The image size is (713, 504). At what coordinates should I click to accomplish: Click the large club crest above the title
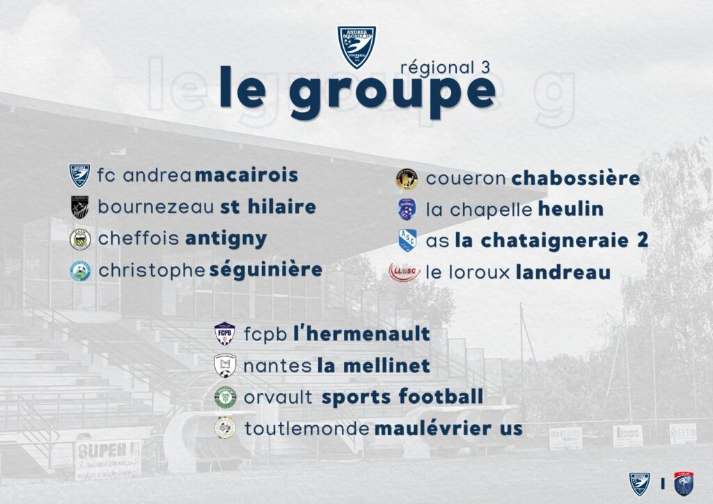click(x=356, y=47)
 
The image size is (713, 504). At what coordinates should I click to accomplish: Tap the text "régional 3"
click(x=445, y=68)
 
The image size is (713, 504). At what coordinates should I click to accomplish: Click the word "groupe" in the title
click(x=392, y=93)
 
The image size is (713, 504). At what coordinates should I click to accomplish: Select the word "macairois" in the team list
click(x=246, y=175)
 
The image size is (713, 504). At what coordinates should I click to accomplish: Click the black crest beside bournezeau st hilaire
click(x=80, y=207)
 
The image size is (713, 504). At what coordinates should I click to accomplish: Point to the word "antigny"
click(x=226, y=239)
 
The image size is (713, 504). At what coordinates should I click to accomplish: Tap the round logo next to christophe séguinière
click(x=81, y=271)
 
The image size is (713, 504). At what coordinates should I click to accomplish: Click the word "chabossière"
click(x=576, y=178)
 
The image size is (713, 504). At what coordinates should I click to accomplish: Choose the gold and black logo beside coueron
click(x=407, y=179)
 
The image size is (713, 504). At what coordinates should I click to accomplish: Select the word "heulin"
click(x=571, y=209)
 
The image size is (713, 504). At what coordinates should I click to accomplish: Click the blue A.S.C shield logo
click(x=407, y=240)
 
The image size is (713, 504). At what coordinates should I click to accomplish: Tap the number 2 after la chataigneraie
click(x=643, y=240)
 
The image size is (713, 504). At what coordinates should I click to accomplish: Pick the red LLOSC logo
click(x=405, y=272)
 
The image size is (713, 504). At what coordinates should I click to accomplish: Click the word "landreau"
click(x=563, y=272)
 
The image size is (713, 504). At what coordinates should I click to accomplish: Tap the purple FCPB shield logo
click(x=225, y=333)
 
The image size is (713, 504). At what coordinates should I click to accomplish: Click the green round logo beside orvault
click(x=225, y=397)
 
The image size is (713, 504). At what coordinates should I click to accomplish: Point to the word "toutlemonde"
click(x=307, y=429)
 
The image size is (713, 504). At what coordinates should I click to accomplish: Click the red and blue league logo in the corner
click(x=684, y=484)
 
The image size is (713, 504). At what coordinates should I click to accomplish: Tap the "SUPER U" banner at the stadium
click(x=108, y=459)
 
